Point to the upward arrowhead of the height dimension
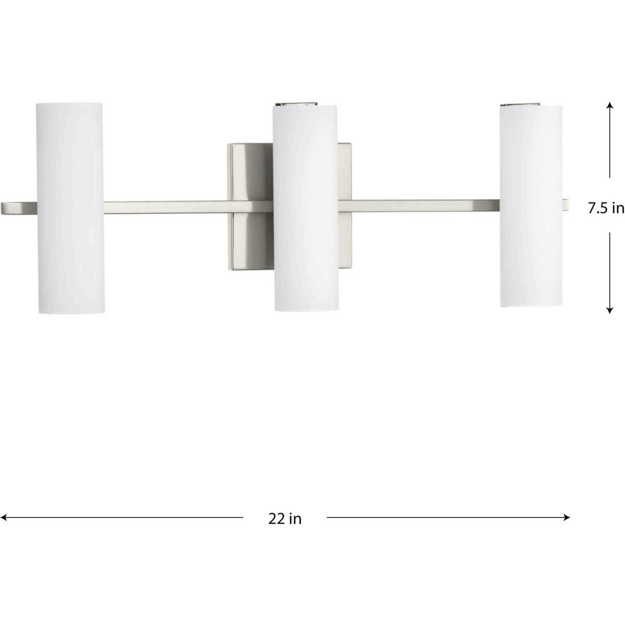(x=609, y=106)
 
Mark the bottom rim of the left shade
(x=71, y=312)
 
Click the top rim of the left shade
(x=69, y=104)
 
